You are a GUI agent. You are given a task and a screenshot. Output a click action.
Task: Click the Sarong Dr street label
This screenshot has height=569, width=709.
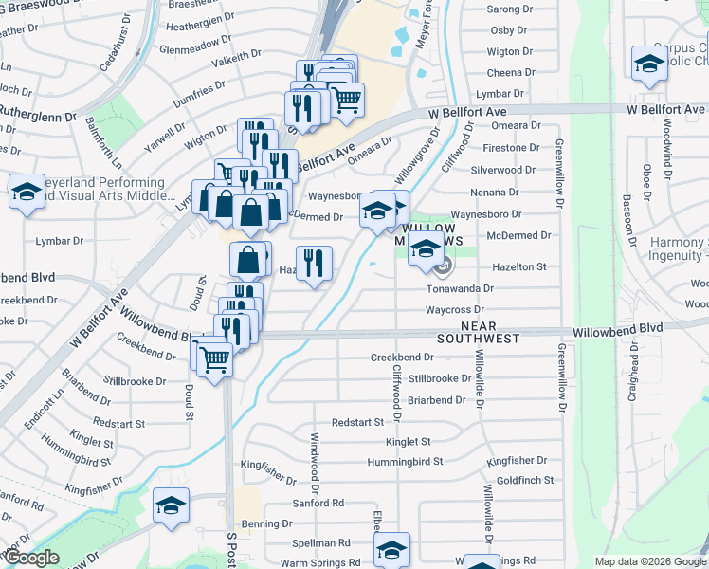click(510, 9)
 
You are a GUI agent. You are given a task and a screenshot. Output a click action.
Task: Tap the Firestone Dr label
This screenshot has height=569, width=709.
click(510, 148)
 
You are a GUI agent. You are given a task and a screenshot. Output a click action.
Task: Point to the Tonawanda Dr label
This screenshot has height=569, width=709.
click(461, 288)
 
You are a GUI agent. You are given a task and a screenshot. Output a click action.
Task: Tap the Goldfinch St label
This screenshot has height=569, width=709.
click(524, 481)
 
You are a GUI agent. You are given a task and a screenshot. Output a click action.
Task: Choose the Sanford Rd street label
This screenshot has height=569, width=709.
click(318, 503)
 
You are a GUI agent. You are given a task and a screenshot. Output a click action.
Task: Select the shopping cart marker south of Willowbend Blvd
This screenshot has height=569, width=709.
click(215, 358)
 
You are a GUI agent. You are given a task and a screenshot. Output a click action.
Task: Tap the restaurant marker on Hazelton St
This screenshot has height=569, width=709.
click(313, 262)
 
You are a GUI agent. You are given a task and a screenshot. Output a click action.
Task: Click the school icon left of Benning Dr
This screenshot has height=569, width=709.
click(171, 506)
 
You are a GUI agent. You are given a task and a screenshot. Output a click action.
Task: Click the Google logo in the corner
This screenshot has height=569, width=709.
click(30, 559)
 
